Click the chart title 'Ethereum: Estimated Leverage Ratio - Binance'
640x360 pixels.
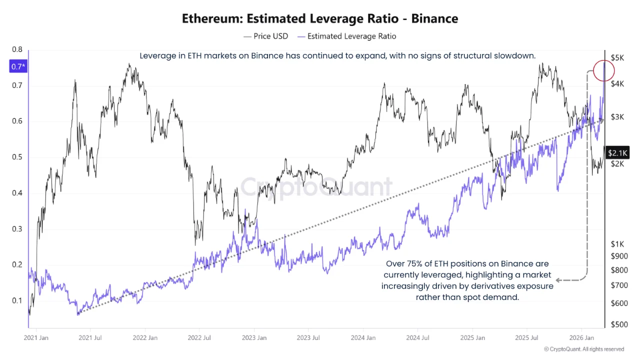tap(320, 19)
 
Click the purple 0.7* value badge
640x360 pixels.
tap(17, 66)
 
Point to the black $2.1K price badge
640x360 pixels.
tap(617, 152)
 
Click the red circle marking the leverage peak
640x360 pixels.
tap(605, 70)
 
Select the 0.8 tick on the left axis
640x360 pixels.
tap(17, 49)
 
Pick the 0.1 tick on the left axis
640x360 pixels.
tap(17, 300)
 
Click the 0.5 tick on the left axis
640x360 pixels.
tap(17, 157)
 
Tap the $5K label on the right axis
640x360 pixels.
tap(617, 58)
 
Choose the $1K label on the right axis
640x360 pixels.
tap(617, 244)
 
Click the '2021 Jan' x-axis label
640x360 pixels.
tap(36, 337)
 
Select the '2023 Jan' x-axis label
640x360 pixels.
tap(254, 337)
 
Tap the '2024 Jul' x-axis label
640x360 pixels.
tap(418, 337)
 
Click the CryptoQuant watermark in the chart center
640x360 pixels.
tap(316, 186)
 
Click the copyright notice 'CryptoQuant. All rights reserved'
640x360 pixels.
tap(584, 349)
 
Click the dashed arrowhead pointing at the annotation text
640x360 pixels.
tap(559, 280)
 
